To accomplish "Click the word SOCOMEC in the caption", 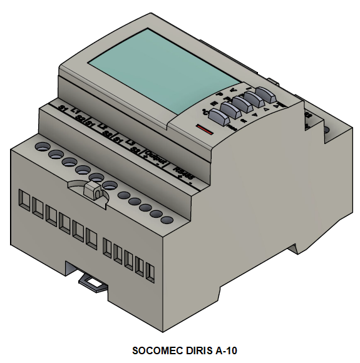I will [158, 351].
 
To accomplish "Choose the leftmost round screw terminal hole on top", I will [41, 146].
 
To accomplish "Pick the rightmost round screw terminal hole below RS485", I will [167, 220].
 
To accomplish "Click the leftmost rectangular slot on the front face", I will [24, 201].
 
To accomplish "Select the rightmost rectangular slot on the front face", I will [150, 270].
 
